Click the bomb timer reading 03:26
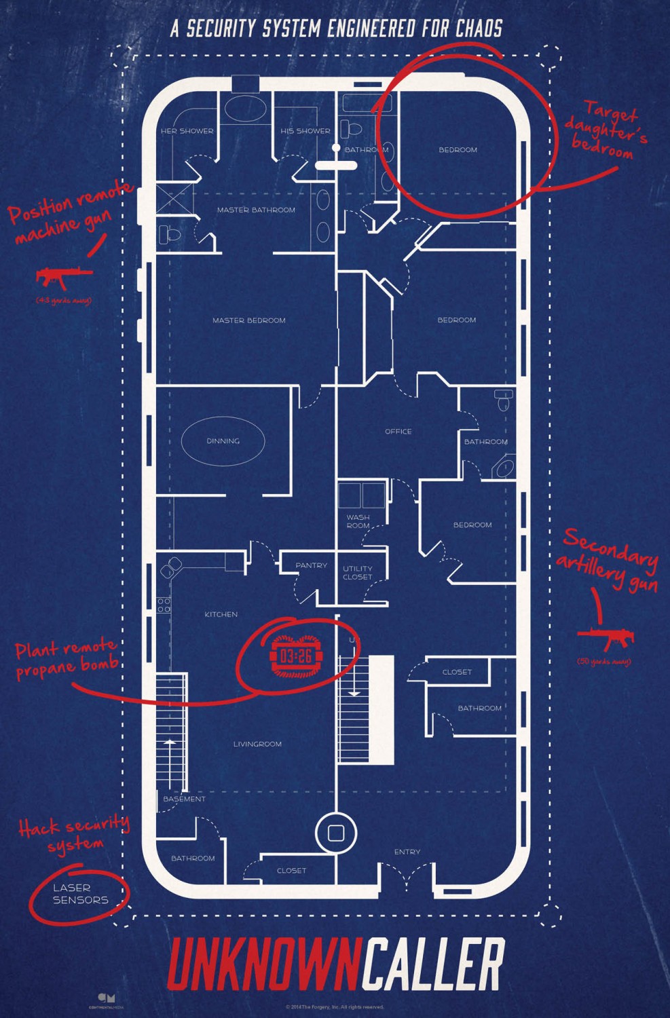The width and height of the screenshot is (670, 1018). pyautogui.click(x=296, y=656)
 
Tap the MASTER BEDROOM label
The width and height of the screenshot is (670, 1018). pyautogui.click(x=248, y=320)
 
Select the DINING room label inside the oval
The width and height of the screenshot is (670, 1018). pyautogui.click(x=223, y=441)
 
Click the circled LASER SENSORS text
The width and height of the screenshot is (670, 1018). pyautogui.click(x=80, y=894)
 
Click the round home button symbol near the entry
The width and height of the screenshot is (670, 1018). pyautogui.click(x=336, y=833)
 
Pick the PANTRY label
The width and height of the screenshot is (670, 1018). pyautogui.click(x=311, y=565)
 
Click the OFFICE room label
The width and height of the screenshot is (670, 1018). pyautogui.click(x=398, y=432)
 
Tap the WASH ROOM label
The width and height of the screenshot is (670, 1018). pyautogui.click(x=358, y=521)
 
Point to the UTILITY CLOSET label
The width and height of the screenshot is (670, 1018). pyautogui.click(x=357, y=573)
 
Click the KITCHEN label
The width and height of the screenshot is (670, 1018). pyautogui.click(x=221, y=614)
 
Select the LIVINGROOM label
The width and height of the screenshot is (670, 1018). pyautogui.click(x=257, y=744)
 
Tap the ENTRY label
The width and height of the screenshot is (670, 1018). pyautogui.click(x=407, y=852)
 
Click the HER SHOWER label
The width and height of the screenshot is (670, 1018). pyautogui.click(x=187, y=131)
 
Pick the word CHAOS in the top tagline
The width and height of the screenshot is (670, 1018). pyautogui.click(x=479, y=29)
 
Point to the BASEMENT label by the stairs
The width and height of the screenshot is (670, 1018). pyautogui.click(x=184, y=799)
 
